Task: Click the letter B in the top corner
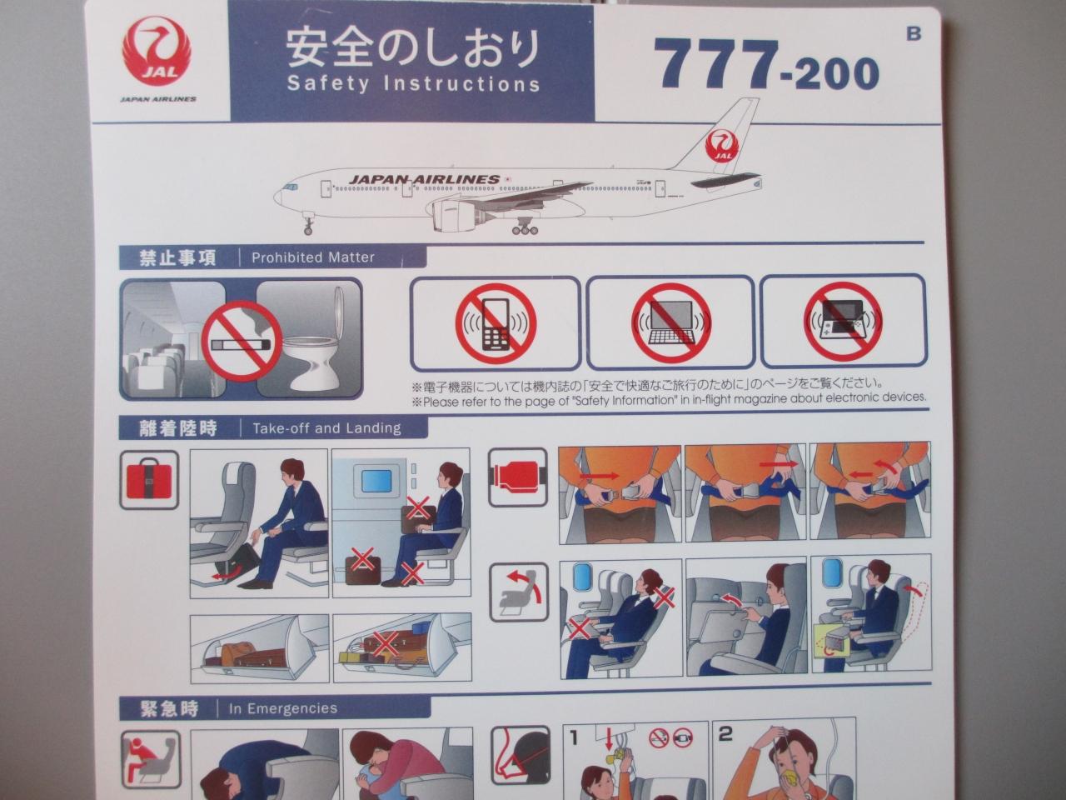tap(914, 33)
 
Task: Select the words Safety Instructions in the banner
tap(413, 83)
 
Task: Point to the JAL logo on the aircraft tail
tap(722, 146)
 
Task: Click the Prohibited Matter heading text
tap(313, 257)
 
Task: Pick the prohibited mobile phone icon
tap(496, 324)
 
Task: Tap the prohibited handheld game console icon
tap(844, 322)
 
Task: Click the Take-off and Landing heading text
tap(326, 428)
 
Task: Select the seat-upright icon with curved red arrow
tap(519, 592)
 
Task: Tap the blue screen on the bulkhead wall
tap(377, 481)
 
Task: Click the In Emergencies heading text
tap(283, 708)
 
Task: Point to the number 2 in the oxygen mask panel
tap(725, 734)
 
